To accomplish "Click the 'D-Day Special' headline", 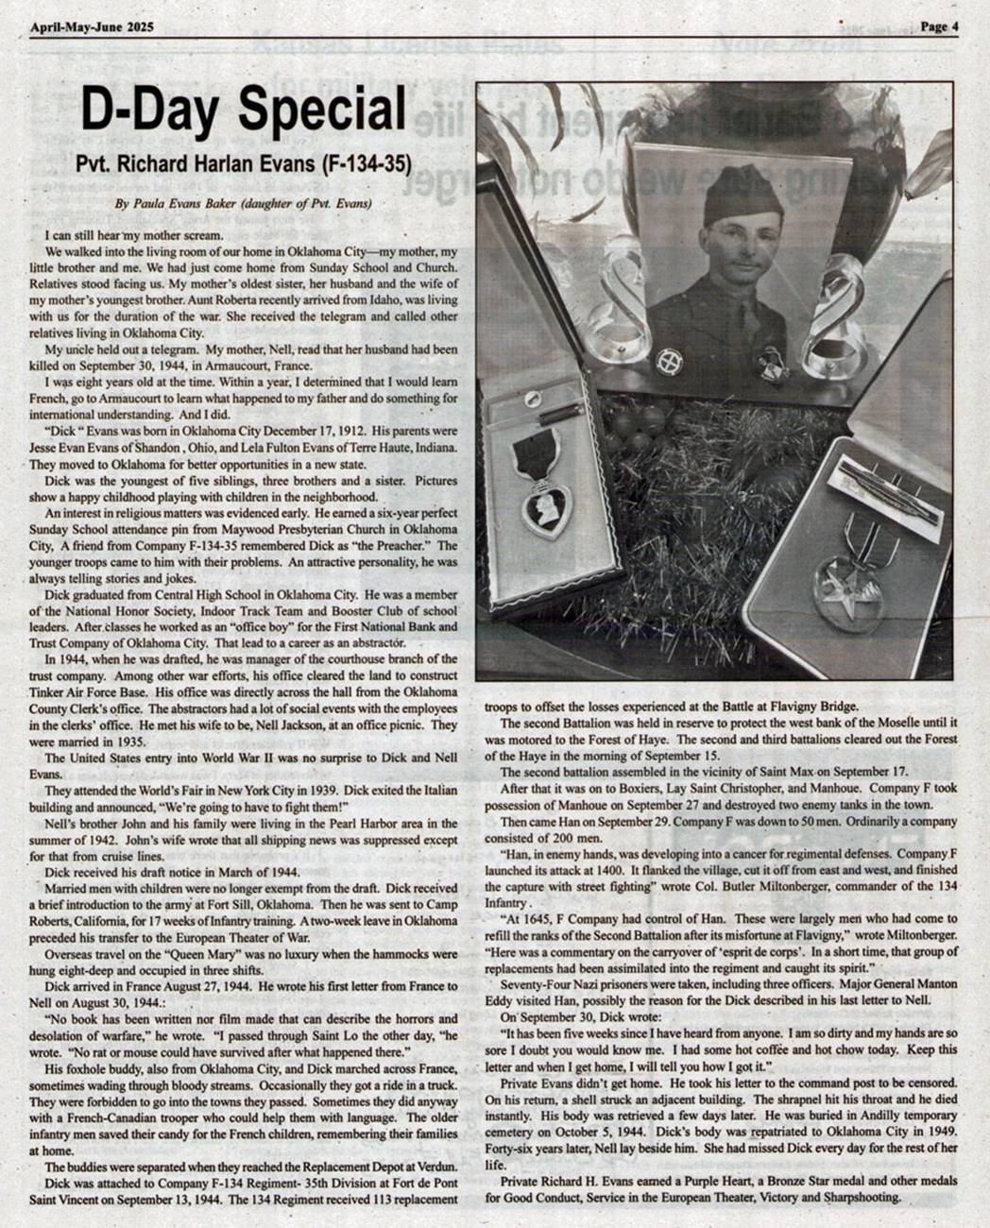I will click(242, 111).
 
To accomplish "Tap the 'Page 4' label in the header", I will click(939, 26).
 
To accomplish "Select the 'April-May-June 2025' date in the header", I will click(92, 26).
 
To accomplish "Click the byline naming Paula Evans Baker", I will click(243, 204).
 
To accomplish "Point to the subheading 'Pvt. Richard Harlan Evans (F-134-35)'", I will click(243, 163).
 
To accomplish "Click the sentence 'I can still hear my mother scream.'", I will click(133, 234).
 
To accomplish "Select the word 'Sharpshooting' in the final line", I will click(861, 1197).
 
